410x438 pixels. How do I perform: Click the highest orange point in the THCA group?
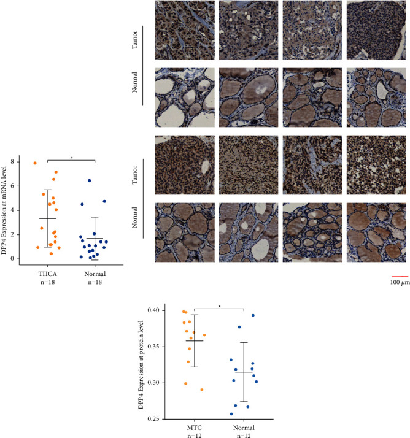[x=36, y=163]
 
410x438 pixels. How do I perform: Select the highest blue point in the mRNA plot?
[x=89, y=180]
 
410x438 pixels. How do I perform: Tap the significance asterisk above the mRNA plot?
[x=71, y=158]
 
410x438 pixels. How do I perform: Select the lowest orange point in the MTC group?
[x=202, y=390]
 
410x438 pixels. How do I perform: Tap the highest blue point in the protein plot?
[x=252, y=315]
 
